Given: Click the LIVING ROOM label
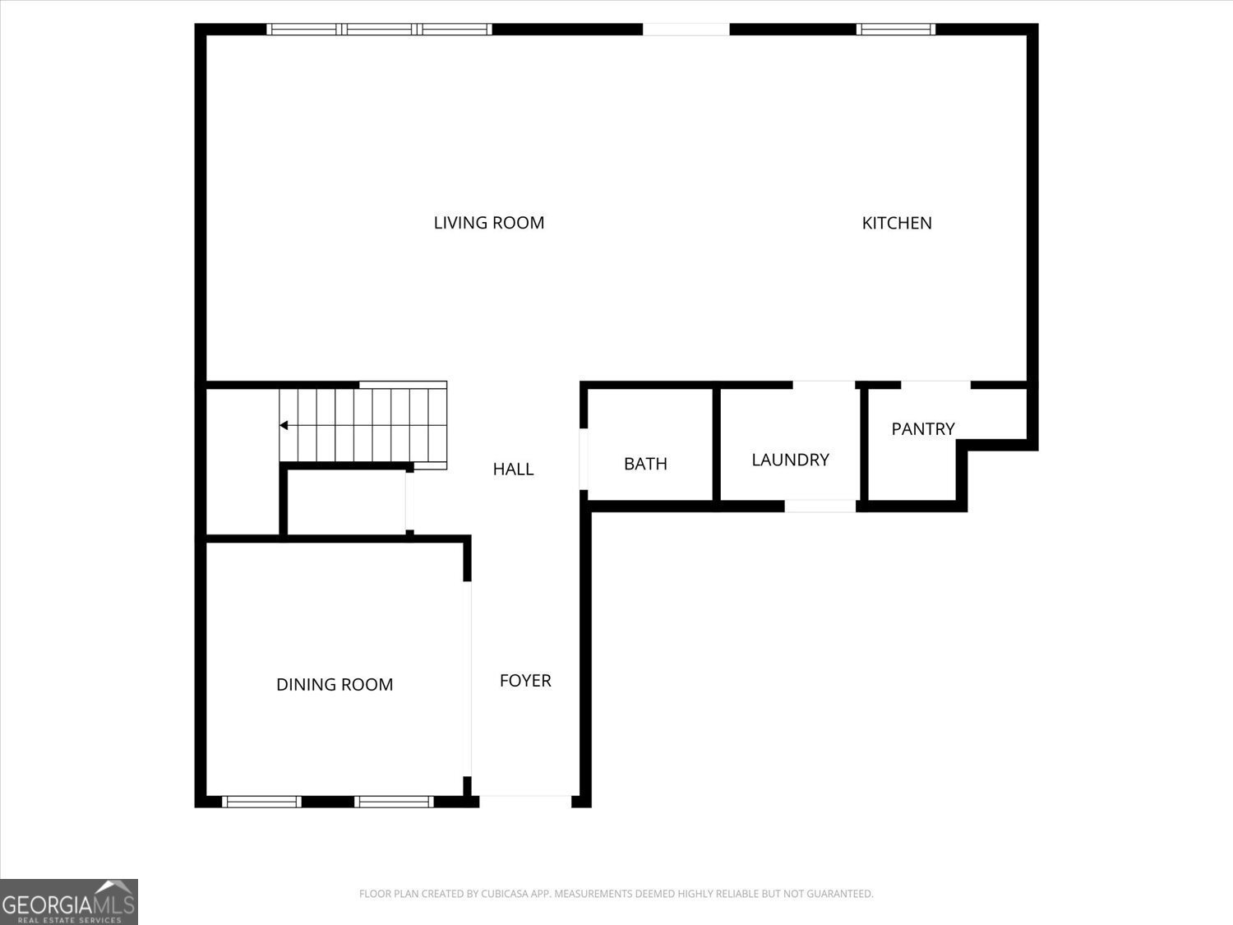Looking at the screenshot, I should coord(489,223).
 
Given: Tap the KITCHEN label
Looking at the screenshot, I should coord(897,223).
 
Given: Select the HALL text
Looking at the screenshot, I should coord(513,469).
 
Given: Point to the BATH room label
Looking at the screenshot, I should coord(645,464).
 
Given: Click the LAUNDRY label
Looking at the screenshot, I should coord(790,460).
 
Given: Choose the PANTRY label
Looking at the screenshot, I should coord(923,429).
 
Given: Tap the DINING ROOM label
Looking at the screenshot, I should coord(335,685).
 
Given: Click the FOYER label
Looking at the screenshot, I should coord(525,681).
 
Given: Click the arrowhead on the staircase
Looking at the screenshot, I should coord(284,425).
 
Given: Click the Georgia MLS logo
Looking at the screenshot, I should coord(68,902).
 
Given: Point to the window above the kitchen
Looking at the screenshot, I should coord(896,30).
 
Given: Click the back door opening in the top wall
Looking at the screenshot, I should coord(686,30).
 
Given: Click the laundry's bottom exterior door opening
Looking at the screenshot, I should coord(820,506).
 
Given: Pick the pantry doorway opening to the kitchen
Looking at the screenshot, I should coord(935,384).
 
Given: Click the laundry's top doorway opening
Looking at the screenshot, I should coord(824,384).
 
